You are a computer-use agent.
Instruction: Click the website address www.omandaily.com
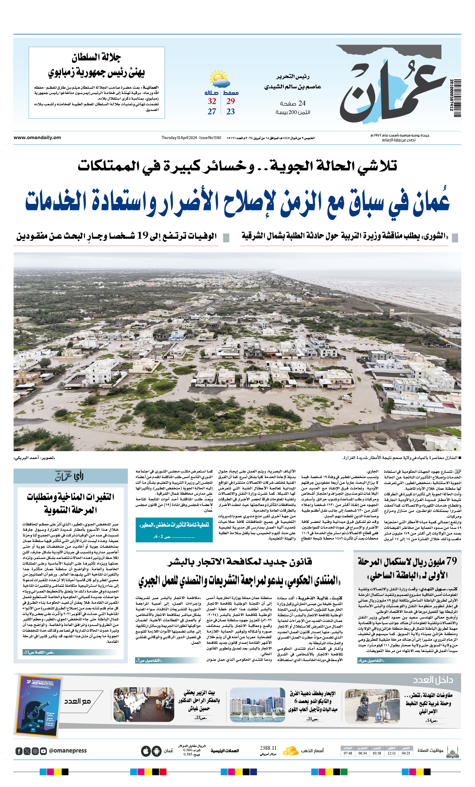coord(37,138)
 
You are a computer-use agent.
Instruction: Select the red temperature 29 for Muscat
coord(231,102)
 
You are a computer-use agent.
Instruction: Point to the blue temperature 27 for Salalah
coord(212,112)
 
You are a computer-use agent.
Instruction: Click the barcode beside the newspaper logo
coord(455,98)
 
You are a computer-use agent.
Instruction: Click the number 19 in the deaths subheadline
coord(143,236)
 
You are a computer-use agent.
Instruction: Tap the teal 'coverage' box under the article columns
coord(174,529)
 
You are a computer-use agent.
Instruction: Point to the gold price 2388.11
coord(268,748)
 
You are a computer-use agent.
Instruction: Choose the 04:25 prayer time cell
coord(406,753)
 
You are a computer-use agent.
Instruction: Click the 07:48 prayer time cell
coord(348,753)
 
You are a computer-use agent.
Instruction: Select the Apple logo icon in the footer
coord(146,751)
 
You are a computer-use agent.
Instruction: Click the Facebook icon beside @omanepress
coord(19,751)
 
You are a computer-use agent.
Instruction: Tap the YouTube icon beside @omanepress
coord(44,751)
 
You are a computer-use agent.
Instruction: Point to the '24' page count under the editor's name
coord(302,103)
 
